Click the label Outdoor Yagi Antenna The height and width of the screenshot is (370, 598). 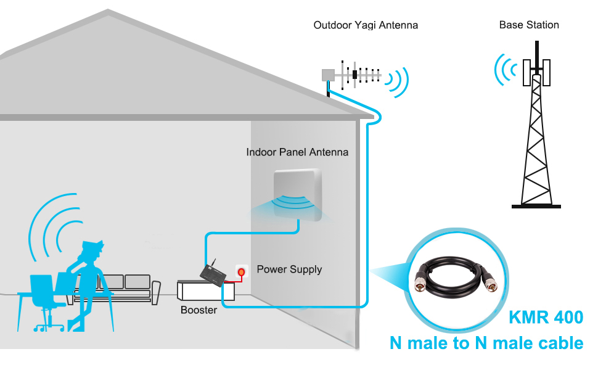pos(366,25)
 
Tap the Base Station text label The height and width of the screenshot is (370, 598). pos(529,25)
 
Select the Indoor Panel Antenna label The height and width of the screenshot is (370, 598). pos(297,152)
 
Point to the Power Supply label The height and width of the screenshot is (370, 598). pos(289,269)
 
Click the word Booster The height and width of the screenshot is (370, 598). pos(199,310)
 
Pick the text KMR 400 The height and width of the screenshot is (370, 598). pos(546,318)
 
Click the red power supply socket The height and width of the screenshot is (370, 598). pos(241,271)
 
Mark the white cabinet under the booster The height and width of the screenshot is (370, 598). pos(199,291)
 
